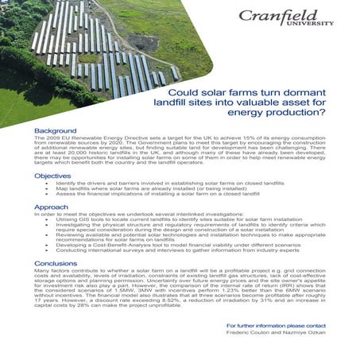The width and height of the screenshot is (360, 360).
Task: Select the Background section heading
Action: click(x=56, y=130)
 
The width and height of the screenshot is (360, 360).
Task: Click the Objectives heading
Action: click(x=53, y=175)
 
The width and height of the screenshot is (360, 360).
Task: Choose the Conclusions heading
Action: click(x=56, y=263)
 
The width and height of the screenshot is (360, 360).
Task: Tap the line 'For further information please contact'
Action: click(x=276, y=326)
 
